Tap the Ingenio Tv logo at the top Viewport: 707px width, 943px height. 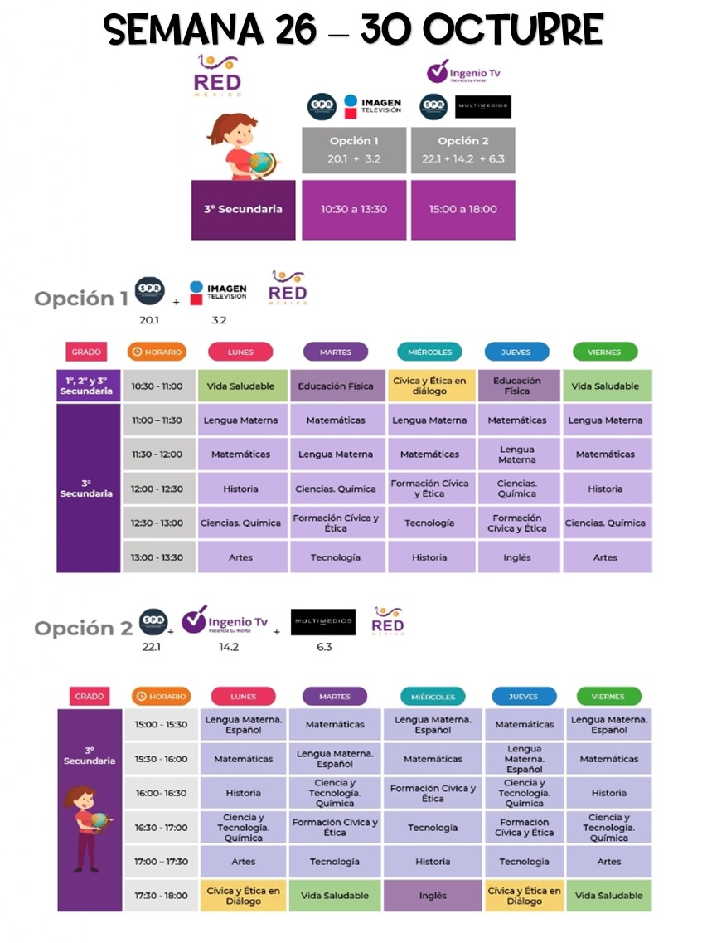(x=463, y=72)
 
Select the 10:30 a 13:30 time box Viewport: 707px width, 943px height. (x=354, y=209)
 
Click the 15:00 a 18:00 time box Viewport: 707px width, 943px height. (x=462, y=209)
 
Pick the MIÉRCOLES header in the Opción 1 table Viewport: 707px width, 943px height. (x=430, y=352)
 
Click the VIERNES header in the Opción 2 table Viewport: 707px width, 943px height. (x=608, y=697)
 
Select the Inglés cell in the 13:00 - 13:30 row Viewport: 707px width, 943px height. (x=516, y=557)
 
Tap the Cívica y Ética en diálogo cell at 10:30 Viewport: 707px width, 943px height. (x=429, y=386)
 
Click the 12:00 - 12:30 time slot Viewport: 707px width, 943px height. (x=157, y=489)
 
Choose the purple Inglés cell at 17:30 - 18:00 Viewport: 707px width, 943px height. (x=433, y=896)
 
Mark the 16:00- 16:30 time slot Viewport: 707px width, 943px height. (x=162, y=793)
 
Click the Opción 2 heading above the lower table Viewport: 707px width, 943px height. (x=83, y=629)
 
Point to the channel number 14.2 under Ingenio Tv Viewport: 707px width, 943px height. (x=229, y=647)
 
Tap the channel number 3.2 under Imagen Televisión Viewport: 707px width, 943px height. (x=219, y=319)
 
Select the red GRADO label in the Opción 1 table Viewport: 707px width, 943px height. (x=85, y=352)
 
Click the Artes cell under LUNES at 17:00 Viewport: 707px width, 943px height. (x=243, y=862)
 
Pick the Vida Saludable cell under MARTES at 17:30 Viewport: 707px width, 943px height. (x=335, y=896)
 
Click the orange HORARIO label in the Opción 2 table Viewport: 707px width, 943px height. (x=161, y=697)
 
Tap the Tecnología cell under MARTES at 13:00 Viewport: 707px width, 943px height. (x=336, y=557)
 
